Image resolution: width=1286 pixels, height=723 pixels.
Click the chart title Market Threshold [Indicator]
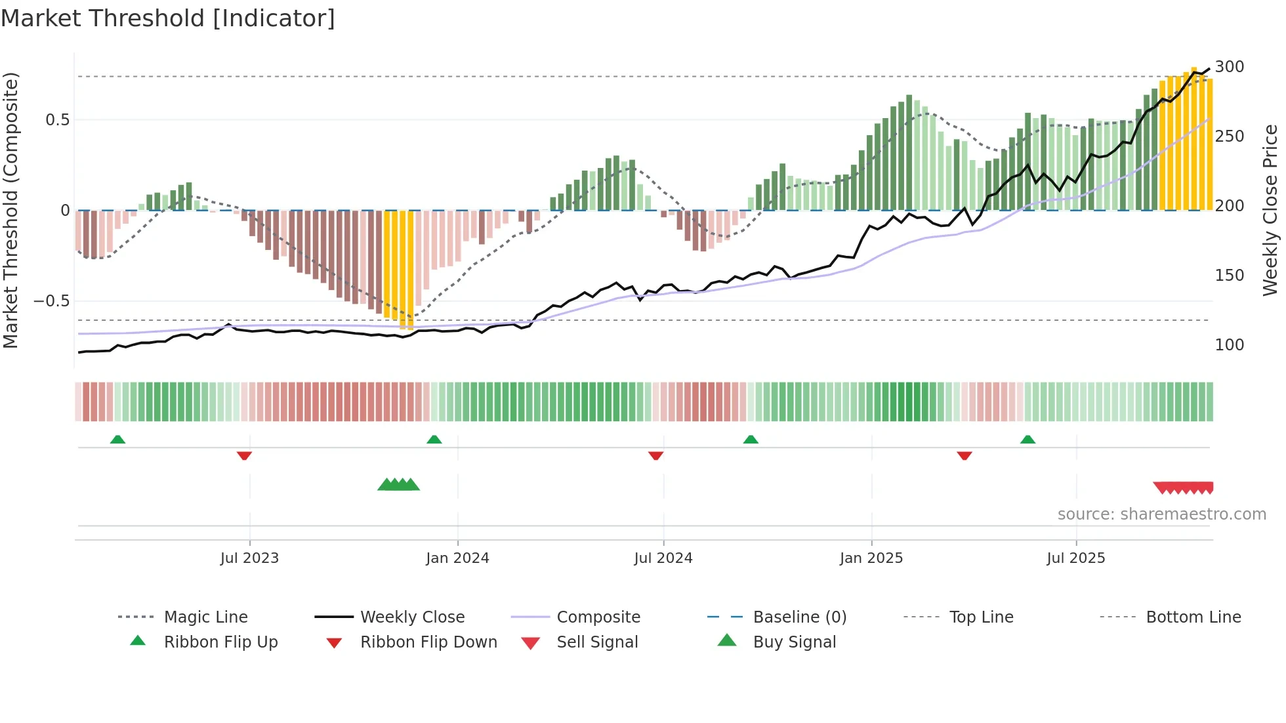168,18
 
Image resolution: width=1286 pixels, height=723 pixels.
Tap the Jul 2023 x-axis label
249,558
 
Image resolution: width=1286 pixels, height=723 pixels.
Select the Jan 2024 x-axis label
457,558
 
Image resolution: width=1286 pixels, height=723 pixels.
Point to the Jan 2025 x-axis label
871,558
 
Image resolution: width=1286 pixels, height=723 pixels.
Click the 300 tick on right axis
1229,67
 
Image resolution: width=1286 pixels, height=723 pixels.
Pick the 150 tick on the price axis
1229,276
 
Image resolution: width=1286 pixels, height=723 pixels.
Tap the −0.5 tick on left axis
51,301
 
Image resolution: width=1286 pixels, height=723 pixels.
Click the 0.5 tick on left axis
57,120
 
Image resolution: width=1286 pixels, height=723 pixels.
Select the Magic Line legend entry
205,617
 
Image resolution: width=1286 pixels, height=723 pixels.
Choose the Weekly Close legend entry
412,617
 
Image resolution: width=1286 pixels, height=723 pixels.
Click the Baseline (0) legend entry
799,617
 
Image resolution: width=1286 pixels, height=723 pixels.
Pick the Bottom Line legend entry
1193,617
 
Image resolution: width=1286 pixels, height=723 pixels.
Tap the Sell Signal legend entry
596,642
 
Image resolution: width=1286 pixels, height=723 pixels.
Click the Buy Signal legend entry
794,642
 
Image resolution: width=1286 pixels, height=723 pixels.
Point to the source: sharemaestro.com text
1161,514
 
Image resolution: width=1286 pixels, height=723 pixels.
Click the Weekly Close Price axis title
1270,210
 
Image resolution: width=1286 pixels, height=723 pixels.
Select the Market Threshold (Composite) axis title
10,210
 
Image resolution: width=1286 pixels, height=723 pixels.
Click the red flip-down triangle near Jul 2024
655,455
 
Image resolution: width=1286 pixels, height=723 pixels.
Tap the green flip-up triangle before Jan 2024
434,440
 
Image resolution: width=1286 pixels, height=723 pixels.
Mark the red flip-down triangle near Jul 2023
244,455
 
